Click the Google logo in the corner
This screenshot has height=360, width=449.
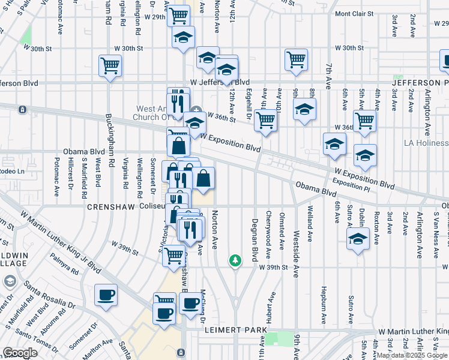[19, 353]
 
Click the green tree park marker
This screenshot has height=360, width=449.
[235, 260]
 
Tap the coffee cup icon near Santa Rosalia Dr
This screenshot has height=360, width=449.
[106, 295]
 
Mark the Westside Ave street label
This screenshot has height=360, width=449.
[295, 254]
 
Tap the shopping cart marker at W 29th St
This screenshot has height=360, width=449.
[178, 16]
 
